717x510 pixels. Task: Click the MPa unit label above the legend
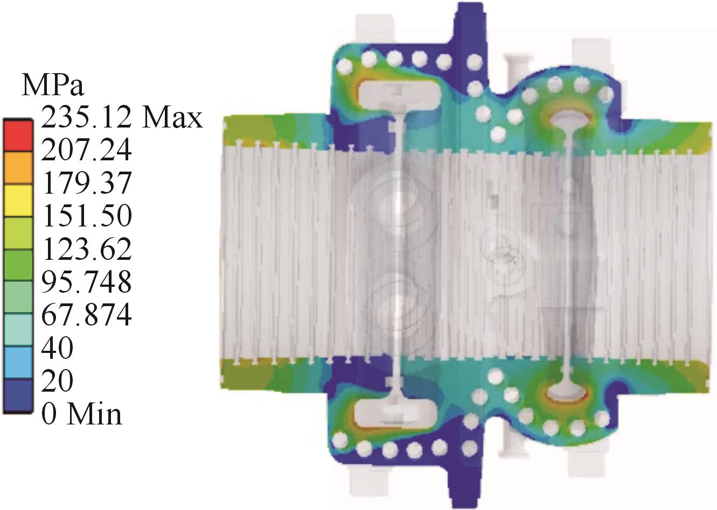point(53,85)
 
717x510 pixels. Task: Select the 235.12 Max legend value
point(122,118)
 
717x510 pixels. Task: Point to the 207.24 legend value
point(86,150)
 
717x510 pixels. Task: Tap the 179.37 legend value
point(86,183)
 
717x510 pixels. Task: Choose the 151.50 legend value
point(86,216)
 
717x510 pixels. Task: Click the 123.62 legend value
point(86,249)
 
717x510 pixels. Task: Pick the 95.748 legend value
point(86,282)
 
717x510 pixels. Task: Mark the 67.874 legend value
point(86,315)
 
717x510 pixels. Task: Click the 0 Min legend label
point(82,414)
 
